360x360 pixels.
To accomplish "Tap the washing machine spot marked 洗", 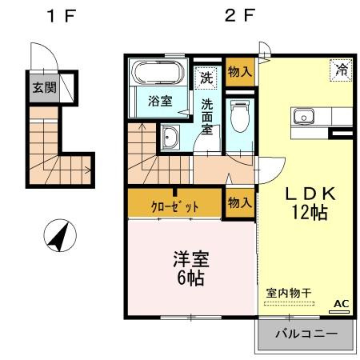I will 207,78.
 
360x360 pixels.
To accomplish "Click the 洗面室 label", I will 207,116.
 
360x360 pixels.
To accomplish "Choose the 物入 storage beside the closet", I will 239,203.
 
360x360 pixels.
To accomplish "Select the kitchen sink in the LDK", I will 305,118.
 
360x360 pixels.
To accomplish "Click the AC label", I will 340,303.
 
